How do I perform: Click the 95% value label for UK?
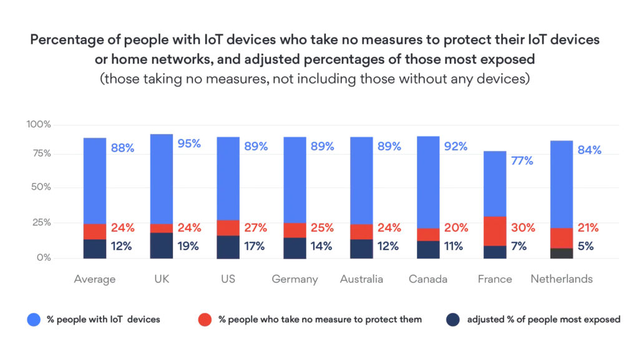coord(188,144)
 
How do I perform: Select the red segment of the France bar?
coord(495,231)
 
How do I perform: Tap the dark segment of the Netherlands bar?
coord(561,253)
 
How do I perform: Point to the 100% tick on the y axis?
coord(39,125)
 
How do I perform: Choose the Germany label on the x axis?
coord(295,279)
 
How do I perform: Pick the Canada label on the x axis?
coord(428,279)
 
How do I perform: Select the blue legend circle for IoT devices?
coord(34,319)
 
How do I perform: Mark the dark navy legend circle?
coord(454,319)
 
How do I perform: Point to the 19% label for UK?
coord(188,246)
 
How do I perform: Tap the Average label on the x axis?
coord(94,279)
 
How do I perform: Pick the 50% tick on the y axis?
coord(41,188)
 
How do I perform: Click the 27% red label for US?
coord(255,228)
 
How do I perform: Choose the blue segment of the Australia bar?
coord(361,181)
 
